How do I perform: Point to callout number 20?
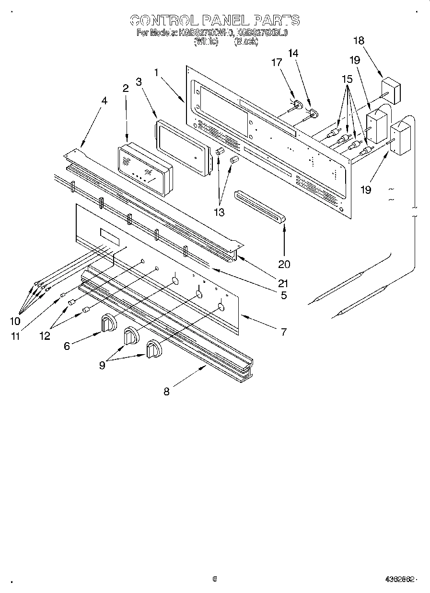click(284, 264)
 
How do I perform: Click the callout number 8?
click(166, 392)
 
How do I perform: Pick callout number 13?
click(219, 213)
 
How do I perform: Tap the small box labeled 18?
click(391, 93)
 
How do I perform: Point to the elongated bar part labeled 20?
click(261, 206)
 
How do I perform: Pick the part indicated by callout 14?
click(314, 113)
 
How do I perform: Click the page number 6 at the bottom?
click(215, 579)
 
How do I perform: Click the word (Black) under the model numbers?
click(246, 42)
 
